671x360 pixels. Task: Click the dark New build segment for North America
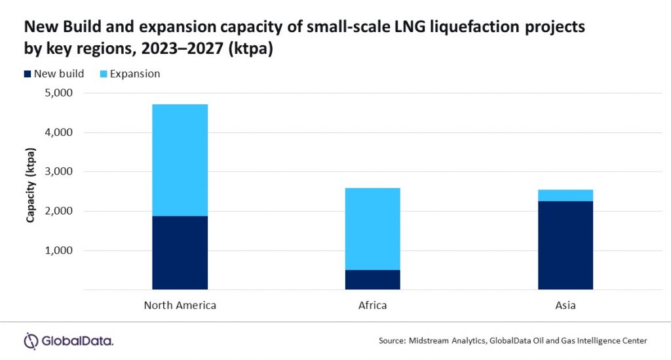click(x=180, y=252)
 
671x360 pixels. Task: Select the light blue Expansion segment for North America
click(x=180, y=160)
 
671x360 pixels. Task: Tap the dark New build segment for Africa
click(x=372, y=279)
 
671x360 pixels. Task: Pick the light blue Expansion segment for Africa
click(x=372, y=229)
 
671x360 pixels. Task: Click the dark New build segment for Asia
click(x=565, y=245)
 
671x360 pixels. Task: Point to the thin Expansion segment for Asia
click(x=565, y=195)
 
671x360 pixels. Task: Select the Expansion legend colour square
click(x=102, y=74)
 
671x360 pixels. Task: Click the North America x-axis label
click(x=180, y=306)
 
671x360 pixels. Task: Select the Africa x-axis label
click(x=372, y=306)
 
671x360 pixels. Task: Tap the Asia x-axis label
click(x=565, y=306)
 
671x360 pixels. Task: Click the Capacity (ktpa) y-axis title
click(x=31, y=190)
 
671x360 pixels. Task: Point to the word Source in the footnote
click(x=392, y=341)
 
